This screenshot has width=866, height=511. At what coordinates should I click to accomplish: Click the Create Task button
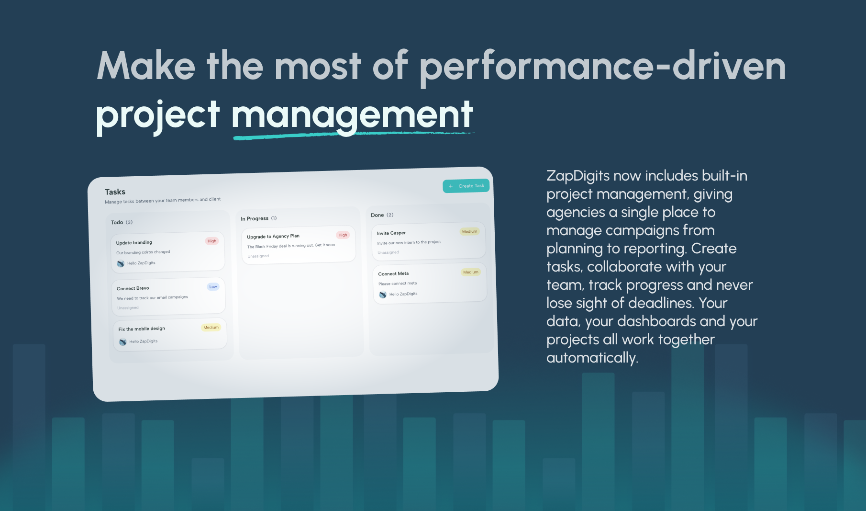pyautogui.click(x=466, y=186)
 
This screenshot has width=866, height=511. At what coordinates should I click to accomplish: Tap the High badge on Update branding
pyautogui.click(x=212, y=241)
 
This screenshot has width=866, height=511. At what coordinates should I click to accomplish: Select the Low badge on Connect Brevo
pyautogui.click(x=213, y=287)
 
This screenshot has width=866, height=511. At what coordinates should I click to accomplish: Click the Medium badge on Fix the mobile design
pyautogui.click(x=211, y=328)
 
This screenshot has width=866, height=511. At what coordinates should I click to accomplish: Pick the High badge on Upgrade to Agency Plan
pyautogui.click(x=343, y=235)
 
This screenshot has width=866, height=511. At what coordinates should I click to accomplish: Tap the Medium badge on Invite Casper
pyautogui.click(x=469, y=232)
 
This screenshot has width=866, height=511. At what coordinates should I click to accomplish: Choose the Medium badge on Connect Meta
pyautogui.click(x=470, y=272)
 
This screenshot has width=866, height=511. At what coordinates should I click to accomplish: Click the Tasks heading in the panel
pyautogui.click(x=115, y=192)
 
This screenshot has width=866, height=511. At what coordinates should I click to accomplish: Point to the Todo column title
pyautogui.click(x=117, y=222)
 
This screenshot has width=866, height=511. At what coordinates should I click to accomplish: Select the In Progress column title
pyautogui.click(x=255, y=219)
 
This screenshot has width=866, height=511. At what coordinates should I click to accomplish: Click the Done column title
pyautogui.click(x=377, y=215)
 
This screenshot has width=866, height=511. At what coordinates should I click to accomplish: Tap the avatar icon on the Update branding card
pyautogui.click(x=121, y=264)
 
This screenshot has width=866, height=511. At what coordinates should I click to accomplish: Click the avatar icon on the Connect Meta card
pyautogui.click(x=383, y=295)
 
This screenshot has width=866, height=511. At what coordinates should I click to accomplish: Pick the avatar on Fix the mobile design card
pyautogui.click(x=122, y=342)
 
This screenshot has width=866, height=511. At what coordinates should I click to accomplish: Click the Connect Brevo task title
pyautogui.click(x=133, y=288)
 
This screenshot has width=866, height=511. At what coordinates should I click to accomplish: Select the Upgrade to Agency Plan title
pyautogui.click(x=273, y=237)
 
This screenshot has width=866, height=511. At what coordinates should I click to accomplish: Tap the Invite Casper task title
pyautogui.click(x=391, y=233)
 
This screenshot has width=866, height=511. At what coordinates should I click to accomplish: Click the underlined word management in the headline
pyautogui.click(x=353, y=116)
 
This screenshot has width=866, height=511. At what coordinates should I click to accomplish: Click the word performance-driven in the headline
pyautogui.click(x=603, y=68)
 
